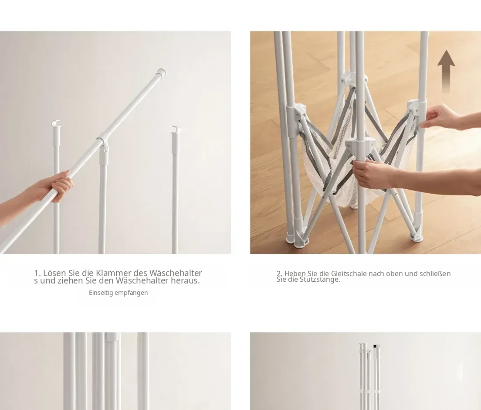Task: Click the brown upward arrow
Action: (x=446, y=71)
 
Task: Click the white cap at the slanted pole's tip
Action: (x=161, y=72)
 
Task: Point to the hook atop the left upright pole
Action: (x=56, y=123)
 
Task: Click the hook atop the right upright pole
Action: (x=176, y=129)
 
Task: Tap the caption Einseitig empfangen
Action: (x=119, y=293)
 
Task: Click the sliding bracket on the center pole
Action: (x=360, y=145)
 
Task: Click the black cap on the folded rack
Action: (x=375, y=346)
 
